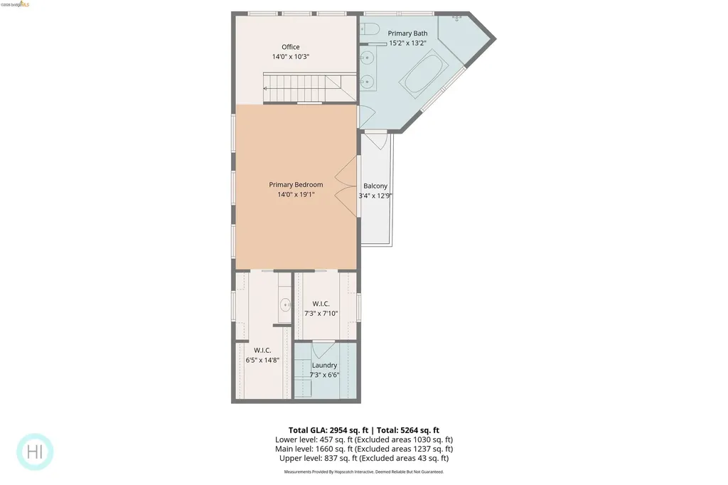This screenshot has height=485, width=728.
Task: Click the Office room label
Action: pos(290,47)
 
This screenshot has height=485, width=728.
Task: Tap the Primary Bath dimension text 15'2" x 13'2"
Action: pos(408,43)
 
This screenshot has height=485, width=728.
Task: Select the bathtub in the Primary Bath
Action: pos(424,75)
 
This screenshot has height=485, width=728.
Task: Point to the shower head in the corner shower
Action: pos(457,18)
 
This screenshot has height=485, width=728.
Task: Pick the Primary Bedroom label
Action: pos(296,185)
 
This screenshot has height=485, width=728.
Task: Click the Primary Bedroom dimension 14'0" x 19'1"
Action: pos(296,194)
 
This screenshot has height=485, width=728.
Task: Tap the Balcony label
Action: pos(375,186)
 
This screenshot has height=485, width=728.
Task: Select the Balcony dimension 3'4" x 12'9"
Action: pos(375,196)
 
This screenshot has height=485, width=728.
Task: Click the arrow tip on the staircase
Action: pos(266,88)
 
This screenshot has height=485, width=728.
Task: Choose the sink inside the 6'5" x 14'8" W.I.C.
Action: pos(286,305)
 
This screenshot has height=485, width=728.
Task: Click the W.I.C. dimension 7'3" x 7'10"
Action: pos(321,313)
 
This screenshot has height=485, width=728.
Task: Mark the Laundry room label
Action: pos(324,366)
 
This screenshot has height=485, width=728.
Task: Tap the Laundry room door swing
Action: pos(323,349)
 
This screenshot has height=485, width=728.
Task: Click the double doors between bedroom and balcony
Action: pos(346,188)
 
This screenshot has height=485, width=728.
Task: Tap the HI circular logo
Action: pos(35,452)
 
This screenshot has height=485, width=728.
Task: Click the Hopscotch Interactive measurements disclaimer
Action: pos(363,471)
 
